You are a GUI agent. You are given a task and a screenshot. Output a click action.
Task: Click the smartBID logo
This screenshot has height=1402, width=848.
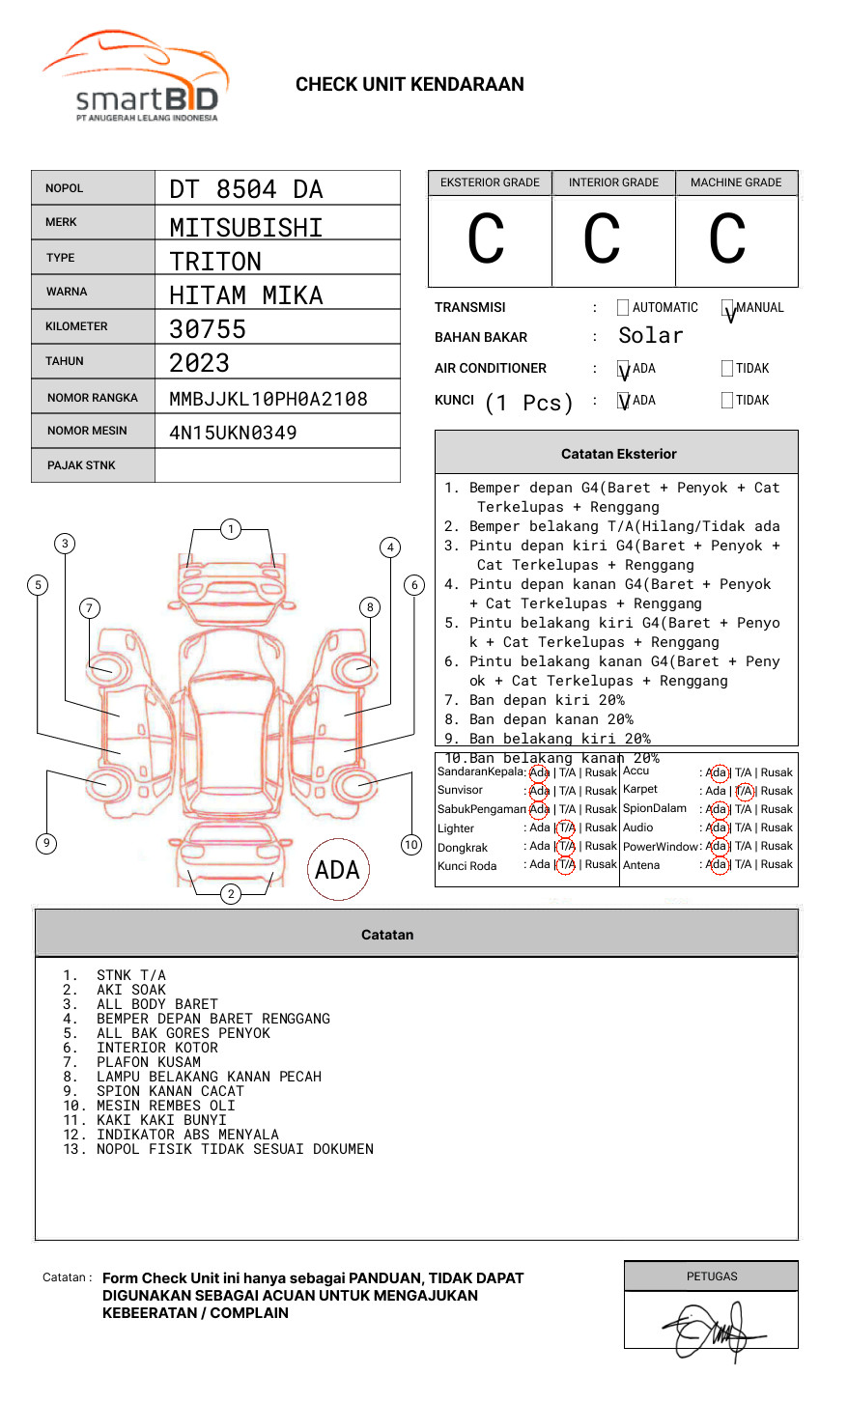coord(135,77)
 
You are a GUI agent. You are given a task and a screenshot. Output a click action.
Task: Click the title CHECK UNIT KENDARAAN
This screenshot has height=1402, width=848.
coord(410,85)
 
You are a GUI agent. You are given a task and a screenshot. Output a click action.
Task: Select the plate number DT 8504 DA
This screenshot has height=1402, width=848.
coord(246,189)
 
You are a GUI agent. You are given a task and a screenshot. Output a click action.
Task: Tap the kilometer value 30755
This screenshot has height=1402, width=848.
coord(208,329)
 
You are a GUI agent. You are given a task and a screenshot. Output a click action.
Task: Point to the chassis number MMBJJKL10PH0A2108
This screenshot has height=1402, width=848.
coord(269,399)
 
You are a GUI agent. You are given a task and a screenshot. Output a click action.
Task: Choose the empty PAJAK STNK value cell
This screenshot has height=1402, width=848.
coord(277,465)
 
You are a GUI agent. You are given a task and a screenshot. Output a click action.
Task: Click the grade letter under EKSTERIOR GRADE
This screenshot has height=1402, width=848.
coord(487,239)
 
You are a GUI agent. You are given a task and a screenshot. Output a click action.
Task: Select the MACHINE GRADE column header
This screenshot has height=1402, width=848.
coord(736,182)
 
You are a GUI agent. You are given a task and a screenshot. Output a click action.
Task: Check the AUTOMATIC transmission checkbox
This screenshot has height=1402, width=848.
coord(623,308)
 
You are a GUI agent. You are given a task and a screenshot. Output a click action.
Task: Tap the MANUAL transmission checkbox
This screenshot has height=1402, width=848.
coord(727,308)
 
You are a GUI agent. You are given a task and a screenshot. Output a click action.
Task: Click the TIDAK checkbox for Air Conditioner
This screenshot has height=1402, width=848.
coord(727,369)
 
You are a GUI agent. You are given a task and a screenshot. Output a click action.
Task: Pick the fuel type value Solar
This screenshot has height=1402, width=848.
coord(650,336)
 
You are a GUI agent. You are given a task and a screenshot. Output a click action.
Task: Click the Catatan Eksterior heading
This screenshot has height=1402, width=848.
coord(618,454)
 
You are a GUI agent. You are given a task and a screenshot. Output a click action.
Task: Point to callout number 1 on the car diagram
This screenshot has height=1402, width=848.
coord(230,528)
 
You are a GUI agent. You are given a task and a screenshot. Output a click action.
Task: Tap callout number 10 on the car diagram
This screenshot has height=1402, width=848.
coord(411,845)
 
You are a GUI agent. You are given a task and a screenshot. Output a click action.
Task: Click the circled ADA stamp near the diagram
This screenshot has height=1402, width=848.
coord(337,870)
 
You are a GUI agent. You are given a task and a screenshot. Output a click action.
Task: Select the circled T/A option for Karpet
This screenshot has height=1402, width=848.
coord(744,791)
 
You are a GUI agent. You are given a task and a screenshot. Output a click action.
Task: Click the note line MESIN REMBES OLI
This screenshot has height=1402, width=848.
coord(165,1106)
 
